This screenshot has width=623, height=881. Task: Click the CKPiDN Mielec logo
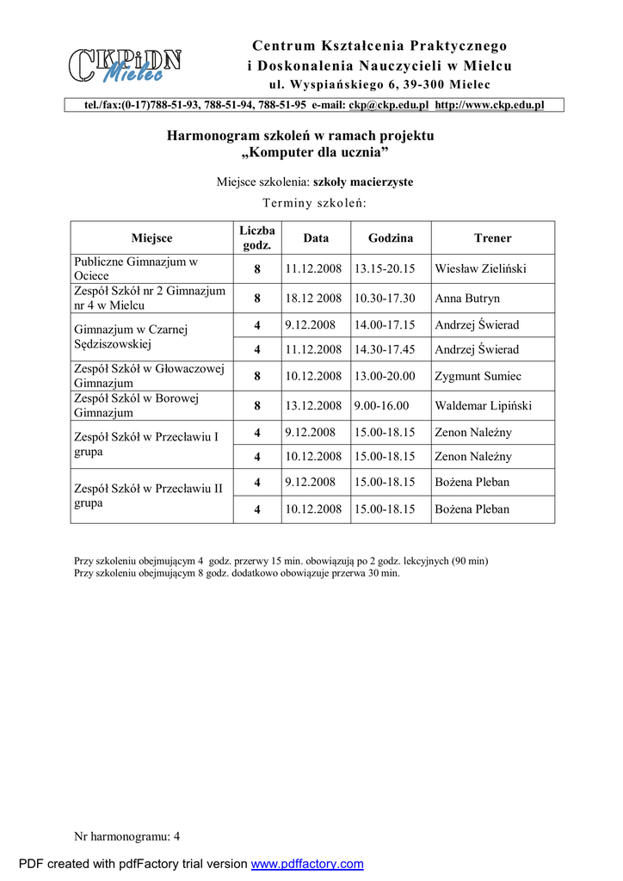tap(125, 65)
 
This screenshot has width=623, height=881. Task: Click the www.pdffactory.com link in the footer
tap(307, 864)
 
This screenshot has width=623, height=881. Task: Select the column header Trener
tap(492, 238)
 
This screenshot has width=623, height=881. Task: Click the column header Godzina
tap(391, 238)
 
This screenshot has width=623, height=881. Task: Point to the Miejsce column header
tap(151, 238)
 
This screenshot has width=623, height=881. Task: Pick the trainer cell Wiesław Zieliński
tap(481, 269)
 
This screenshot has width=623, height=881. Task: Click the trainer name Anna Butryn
tap(467, 299)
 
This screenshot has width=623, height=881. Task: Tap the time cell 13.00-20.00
tap(385, 376)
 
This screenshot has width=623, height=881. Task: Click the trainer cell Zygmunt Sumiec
tap(478, 376)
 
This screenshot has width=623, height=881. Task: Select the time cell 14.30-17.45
tap(385, 349)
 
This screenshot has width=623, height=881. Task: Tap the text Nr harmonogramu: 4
tap(127, 835)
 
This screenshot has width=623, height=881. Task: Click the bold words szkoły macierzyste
tap(363, 182)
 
